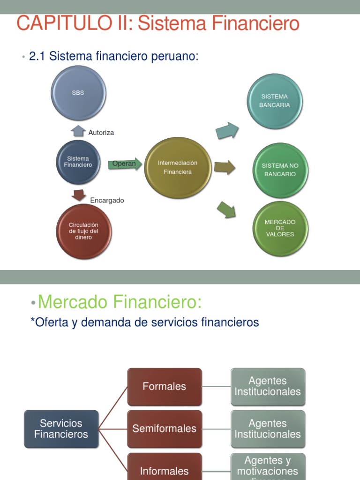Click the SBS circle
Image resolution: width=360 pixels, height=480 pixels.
(78, 93)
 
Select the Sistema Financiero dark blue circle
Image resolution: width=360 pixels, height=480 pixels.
(78, 162)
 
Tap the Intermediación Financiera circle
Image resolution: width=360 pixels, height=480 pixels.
(177, 167)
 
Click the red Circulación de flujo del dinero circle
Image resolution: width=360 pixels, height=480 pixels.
(84, 231)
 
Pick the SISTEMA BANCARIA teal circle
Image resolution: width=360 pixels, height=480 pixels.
(274, 101)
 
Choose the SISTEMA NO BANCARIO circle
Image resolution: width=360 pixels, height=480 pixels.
(280, 170)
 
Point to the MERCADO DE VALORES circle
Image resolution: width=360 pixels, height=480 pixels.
(280, 228)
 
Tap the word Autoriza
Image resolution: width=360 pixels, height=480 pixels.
(101, 133)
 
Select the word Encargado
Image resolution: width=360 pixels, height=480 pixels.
(107, 201)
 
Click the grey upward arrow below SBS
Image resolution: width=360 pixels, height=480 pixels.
(78, 131)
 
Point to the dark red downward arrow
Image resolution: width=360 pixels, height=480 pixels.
(78, 195)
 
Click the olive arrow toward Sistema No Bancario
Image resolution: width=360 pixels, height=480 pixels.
(225, 167)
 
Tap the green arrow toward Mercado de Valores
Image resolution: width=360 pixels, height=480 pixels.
(226, 209)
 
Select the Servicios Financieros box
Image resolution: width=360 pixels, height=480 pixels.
(61, 429)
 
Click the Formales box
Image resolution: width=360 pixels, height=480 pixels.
(164, 387)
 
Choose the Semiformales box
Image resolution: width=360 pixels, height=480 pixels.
(164, 429)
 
